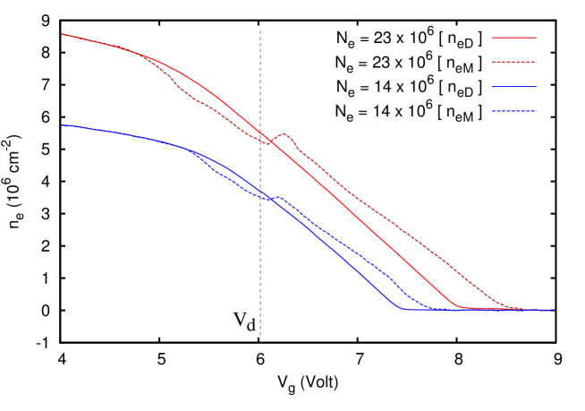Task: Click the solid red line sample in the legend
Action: pyautogui.click(x=513, y=39)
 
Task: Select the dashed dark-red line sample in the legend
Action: pyautogui.click(x=513, y=63)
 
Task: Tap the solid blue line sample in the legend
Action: pyautogui.click(x=513, y=87)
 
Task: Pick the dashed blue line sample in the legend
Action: pyautogui.click(x=513, y=111)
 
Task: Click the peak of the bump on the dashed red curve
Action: pyautogui.click(x=284, y=133)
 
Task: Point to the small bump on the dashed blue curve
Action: pyautogui.click(x=279, y=197)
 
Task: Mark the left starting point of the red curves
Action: pyautogui.click(x=62, y=34)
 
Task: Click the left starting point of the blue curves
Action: pyautogui.click(x=62, y=125)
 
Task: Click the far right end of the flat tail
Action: pyautogui.click(x=554, y=311)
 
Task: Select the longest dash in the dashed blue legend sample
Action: pyautogui.click(x=501, y=111)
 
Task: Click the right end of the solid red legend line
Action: pyautogui.click(x=536, y=39)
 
